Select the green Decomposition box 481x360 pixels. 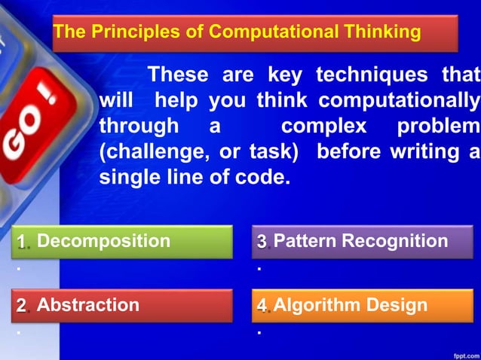pos(122,242)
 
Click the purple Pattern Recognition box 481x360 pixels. pos(362,242)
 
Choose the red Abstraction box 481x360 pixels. pos(122,305)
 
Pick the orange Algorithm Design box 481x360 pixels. pos(362,305)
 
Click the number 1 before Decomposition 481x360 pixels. pos(23,242)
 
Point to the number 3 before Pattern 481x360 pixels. pos(262,242)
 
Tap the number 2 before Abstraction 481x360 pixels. pos(23,306)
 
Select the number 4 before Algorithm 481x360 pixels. pos(262,306)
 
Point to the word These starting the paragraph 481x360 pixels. pos(178,75)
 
